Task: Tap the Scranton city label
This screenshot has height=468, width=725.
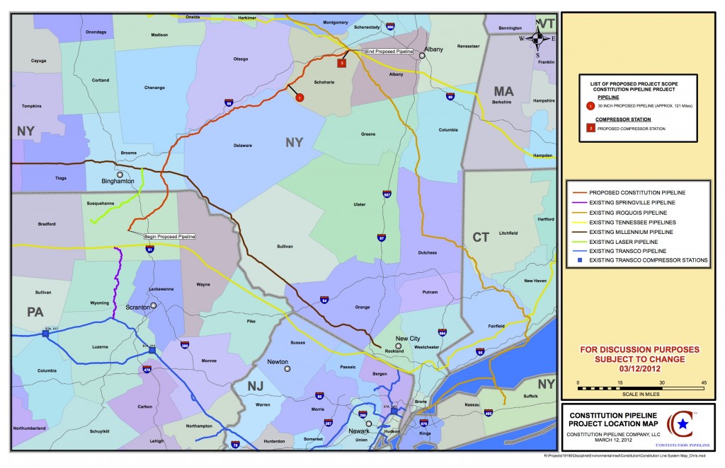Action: click(x=137, y=307)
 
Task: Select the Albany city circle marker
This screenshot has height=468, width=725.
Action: click(x=423, y=57)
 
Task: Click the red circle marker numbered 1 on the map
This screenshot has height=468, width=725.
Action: click(x=299, y=97)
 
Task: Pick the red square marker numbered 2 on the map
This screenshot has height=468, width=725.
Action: click(x=342, y=62)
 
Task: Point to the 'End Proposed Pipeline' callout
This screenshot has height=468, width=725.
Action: click(x=389, y=52)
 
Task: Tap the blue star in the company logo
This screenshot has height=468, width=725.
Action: click(x=683, y=423)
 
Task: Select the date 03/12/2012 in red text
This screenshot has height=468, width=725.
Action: click(x=640, y=368)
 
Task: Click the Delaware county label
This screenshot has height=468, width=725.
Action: click(x=243, y=146)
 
